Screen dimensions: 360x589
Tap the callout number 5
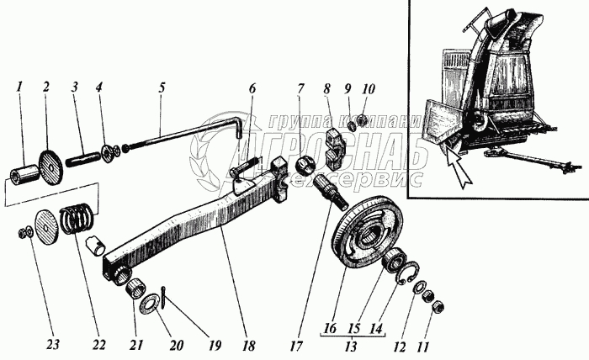click(161, 87)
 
